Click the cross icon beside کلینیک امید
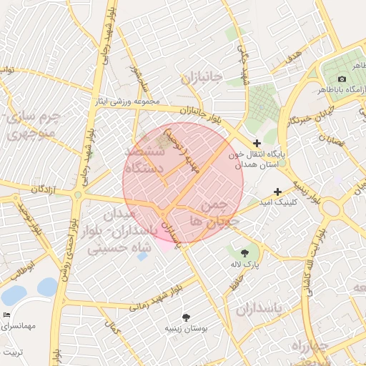(278, 192)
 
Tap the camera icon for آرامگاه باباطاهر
(342, 79)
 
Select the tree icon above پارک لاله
(245, 252)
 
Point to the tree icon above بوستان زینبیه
(187, 317)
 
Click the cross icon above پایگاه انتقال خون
(257, 144)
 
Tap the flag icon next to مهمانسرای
(7, 315)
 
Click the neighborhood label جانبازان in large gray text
(202, 77)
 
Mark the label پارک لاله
(244, 265)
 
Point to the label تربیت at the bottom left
(11, 352)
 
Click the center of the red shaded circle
(183, 183)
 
